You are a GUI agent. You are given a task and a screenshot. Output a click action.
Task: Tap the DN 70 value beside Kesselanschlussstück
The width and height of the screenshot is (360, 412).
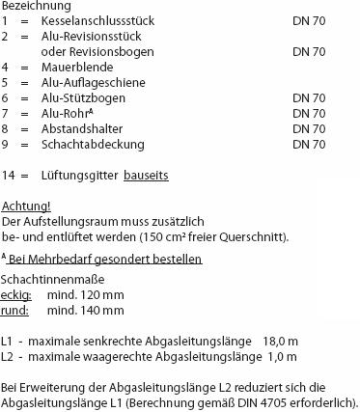point(308,22)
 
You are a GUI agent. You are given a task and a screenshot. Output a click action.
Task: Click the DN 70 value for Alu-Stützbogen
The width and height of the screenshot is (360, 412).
point(308,99)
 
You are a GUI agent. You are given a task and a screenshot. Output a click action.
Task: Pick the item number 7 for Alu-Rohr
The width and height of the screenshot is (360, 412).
point(6,115)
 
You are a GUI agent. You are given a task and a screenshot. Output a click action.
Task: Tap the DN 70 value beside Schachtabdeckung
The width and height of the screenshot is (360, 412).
point(308,146)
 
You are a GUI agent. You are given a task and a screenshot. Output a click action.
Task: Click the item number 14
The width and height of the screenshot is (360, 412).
point(9,175)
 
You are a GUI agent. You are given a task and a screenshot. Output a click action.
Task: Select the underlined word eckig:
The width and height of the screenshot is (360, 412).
point(17,295)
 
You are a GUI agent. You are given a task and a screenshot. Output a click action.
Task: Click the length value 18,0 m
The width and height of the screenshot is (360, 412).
point(279,342)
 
